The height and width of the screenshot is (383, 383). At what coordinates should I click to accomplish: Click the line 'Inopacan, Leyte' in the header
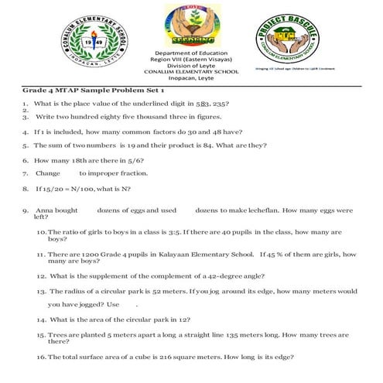(191, 78)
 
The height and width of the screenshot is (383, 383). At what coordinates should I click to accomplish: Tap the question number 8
(25, 187)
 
